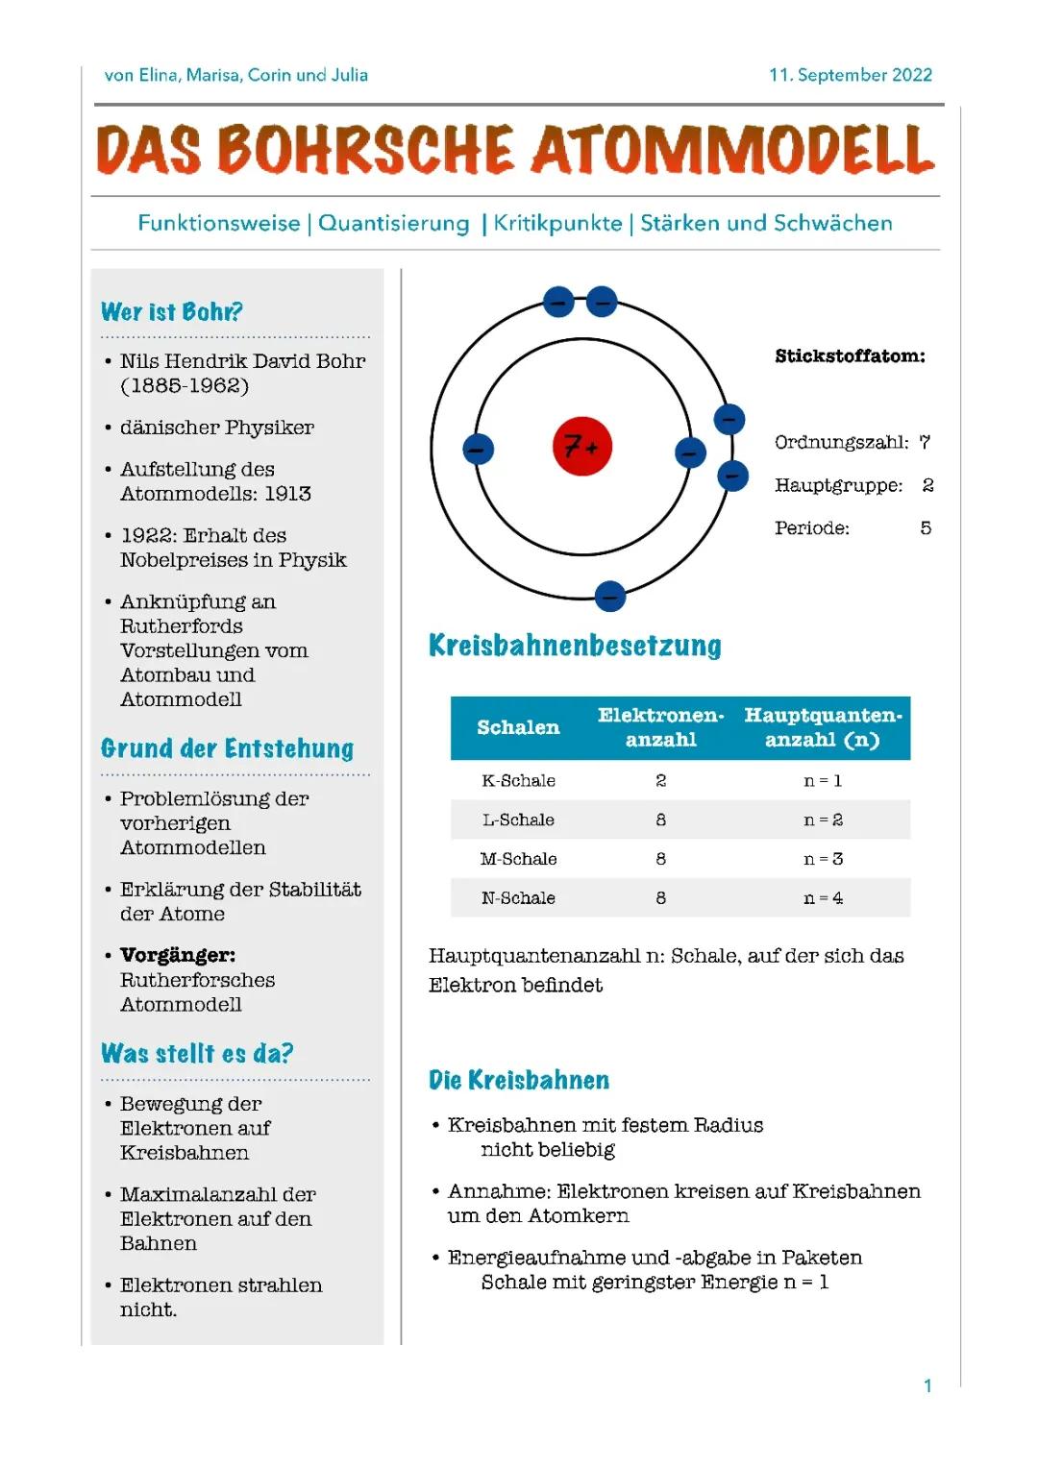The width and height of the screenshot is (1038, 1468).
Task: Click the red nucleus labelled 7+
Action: click(582, 447)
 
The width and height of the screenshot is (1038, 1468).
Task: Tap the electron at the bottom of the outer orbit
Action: click(609, 597)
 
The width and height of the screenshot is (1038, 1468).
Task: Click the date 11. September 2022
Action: click(850, 75)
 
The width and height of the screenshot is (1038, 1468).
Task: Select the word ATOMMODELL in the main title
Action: click(733, 151)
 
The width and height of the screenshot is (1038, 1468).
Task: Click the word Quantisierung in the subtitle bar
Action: click(394, 223)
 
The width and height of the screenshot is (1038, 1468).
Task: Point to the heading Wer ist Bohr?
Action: click(171, 312)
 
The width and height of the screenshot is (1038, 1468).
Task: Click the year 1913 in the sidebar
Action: click(287, 494)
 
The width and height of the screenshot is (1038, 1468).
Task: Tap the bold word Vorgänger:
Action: click(178, 955)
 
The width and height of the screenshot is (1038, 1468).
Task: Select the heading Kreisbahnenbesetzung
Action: click(575, 646)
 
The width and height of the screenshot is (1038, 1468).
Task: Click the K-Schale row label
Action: click(518, 781)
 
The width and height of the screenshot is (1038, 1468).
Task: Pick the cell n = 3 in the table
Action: click(823, 859)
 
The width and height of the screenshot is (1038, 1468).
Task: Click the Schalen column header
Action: click(518, 727)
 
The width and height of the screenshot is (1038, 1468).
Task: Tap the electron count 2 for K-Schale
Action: click(660, 781)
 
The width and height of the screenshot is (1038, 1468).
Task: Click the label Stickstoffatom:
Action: click(850, 356)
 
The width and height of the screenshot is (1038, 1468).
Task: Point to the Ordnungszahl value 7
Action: click(925, 442)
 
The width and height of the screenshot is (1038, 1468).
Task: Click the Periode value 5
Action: click(926, 527)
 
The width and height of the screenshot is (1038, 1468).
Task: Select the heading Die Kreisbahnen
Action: click(519, 1080)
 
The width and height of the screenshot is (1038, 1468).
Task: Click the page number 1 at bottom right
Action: click(927, 1385)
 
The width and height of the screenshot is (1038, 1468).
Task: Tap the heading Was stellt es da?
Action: click(197, 1054)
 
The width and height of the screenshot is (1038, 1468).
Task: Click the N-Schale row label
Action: click(518, 898)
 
